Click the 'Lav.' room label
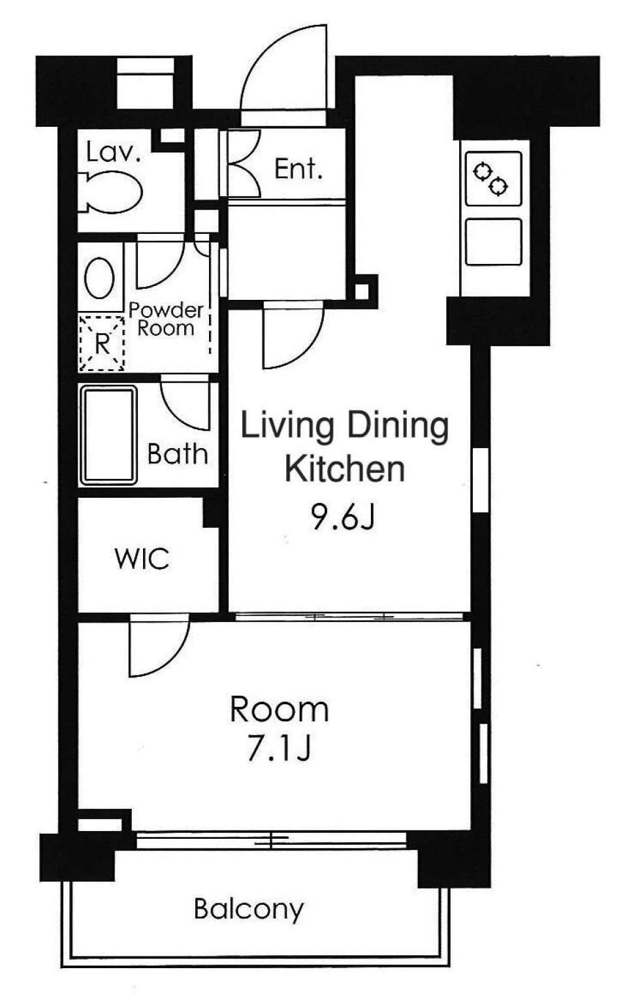point(114,152)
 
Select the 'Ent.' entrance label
point(298,169)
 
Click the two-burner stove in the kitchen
point(494,178)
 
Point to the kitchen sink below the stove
point(494,242)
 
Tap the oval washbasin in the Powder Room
point(99,278)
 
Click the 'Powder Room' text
point(166,319)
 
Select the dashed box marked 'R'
point(101,343)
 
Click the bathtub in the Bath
point(108,435)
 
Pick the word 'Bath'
point(178,454)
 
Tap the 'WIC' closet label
point(142,559)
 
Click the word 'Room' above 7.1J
point(279,709)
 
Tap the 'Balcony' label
point(249,909)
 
